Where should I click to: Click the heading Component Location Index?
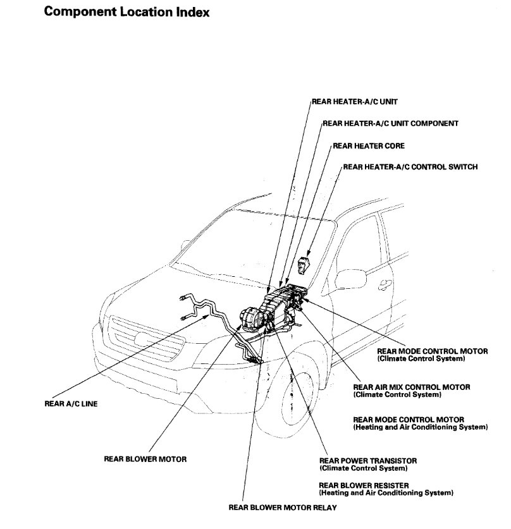tap(126, 12)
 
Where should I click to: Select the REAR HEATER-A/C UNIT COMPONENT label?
tap(391, 123)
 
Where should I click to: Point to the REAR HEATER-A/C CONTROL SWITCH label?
tap(410, 167)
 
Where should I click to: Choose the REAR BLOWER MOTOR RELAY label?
tap(283, 507)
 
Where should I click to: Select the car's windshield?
tap(253, 243)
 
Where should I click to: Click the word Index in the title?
tap(189, 12)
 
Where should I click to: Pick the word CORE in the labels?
tap(393, 145)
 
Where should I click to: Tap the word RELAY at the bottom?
tap(324, 507)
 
